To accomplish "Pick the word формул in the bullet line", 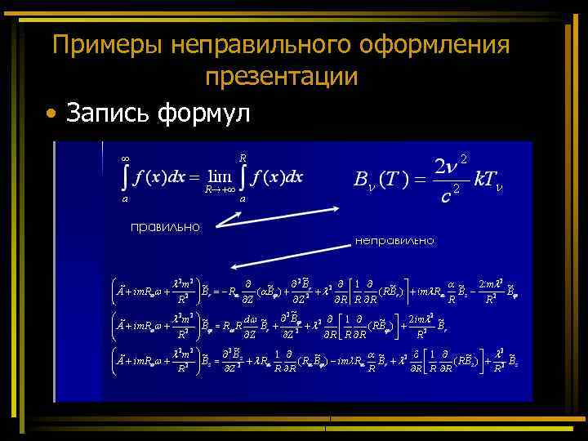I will pyautogui.click(x=208, y=113).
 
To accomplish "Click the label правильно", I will pyautogui.click(x=165, y=226).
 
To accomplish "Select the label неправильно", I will pyautogui.click(x=394, y=240).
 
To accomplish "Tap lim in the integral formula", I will pyautogui.click(x=220, y=176).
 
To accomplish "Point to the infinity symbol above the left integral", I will pyautogui.click(x=124, y=157).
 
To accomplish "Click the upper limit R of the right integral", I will pyautogui.click(x=243, y=157).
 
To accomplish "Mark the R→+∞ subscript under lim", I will pyautogui.click(x=219, y=189).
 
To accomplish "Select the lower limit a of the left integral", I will pyautogui.click(x=124, y=198).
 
